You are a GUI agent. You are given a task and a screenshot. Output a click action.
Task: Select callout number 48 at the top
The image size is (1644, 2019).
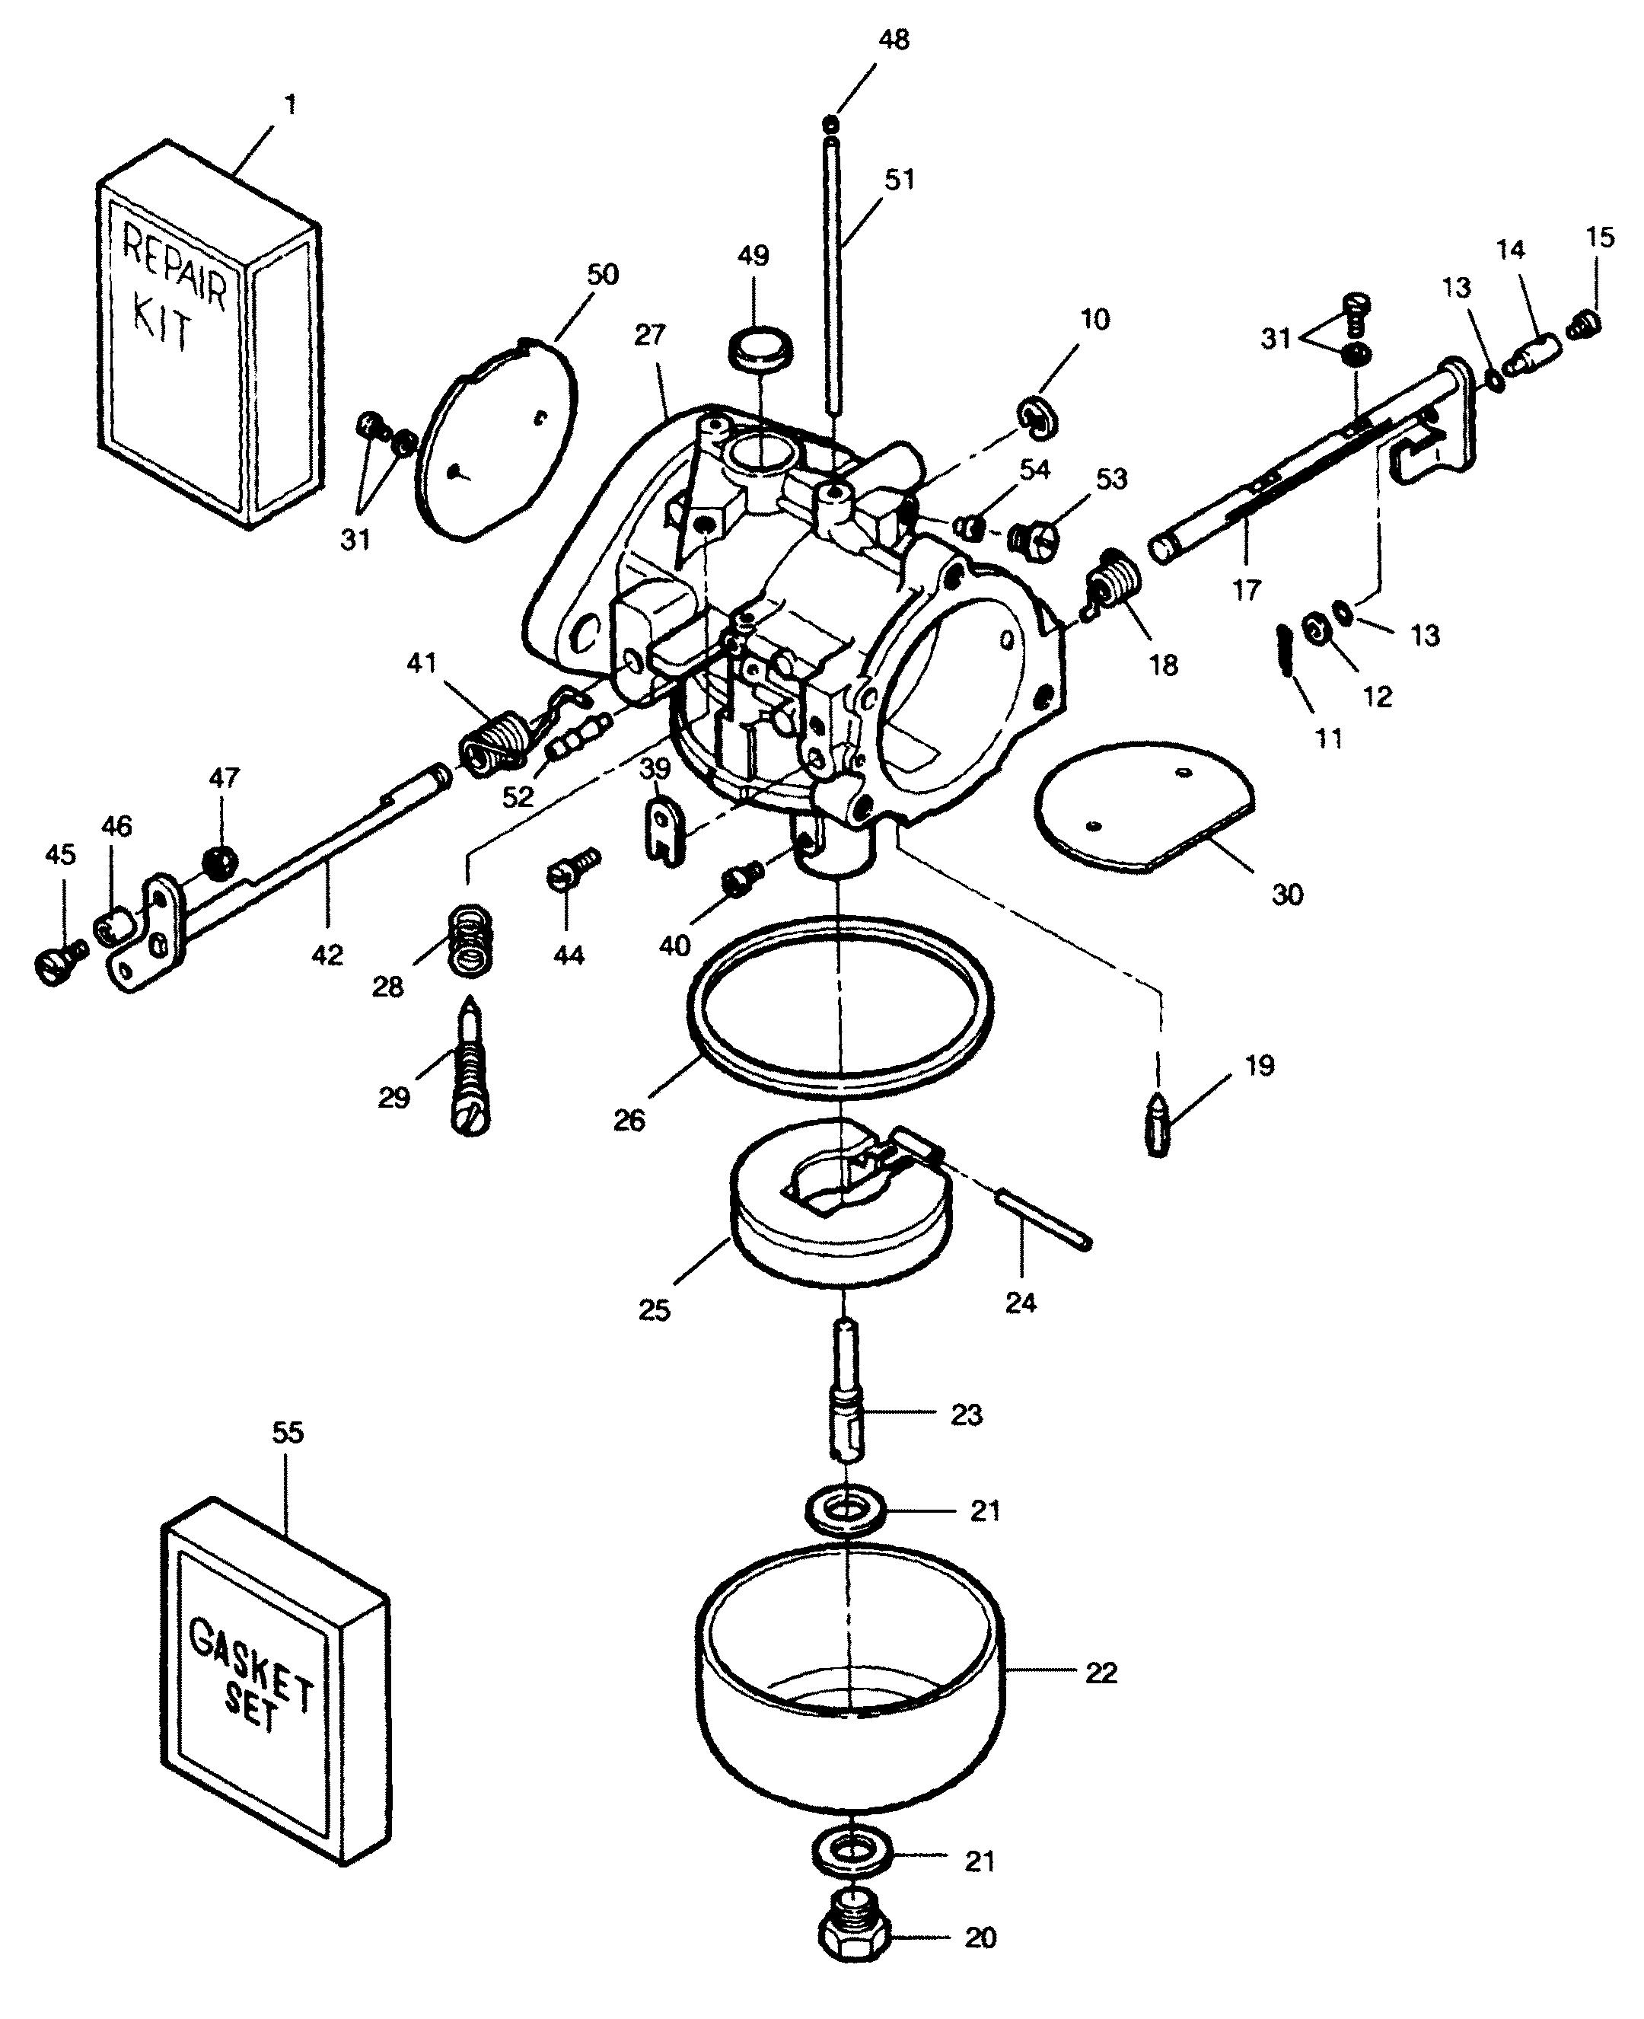coord(894,40)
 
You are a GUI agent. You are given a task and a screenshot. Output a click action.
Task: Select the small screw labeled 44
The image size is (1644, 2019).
coord(570,869)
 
